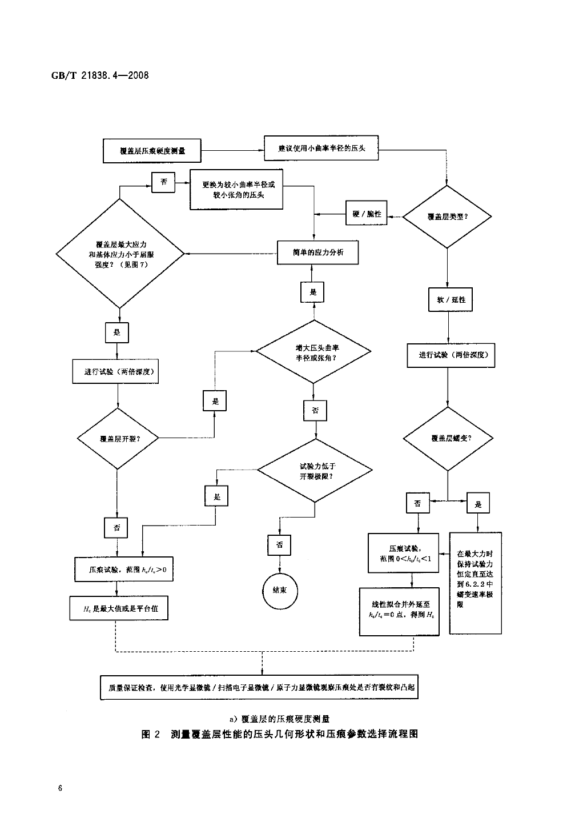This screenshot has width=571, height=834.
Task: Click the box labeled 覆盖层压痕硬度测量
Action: tap(152, 151)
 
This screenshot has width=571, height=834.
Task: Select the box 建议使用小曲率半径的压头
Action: tap(321, 149)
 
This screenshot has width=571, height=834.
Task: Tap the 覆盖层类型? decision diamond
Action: tap(447, 216)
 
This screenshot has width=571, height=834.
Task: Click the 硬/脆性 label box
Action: tap(367, 214)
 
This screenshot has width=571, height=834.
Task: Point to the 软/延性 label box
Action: tap(451, 299)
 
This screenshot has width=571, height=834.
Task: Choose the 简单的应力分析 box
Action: tap(317, 252)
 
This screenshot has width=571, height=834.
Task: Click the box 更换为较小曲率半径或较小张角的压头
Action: tap(236, 190)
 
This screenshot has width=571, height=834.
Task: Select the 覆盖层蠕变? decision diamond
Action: tap(448, 439)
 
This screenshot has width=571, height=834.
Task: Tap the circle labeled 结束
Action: tap(280, 590)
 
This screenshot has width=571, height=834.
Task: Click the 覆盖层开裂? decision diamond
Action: tap(118, 439)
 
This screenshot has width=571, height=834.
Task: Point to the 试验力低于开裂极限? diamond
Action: tap(315, 471)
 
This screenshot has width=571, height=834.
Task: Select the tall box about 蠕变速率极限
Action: tap(475, 583)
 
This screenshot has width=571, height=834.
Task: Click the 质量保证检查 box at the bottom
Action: tap(262, 688)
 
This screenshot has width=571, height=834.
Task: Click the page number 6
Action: tap(60, 789)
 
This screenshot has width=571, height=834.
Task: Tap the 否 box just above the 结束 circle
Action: tap(280, 545)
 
